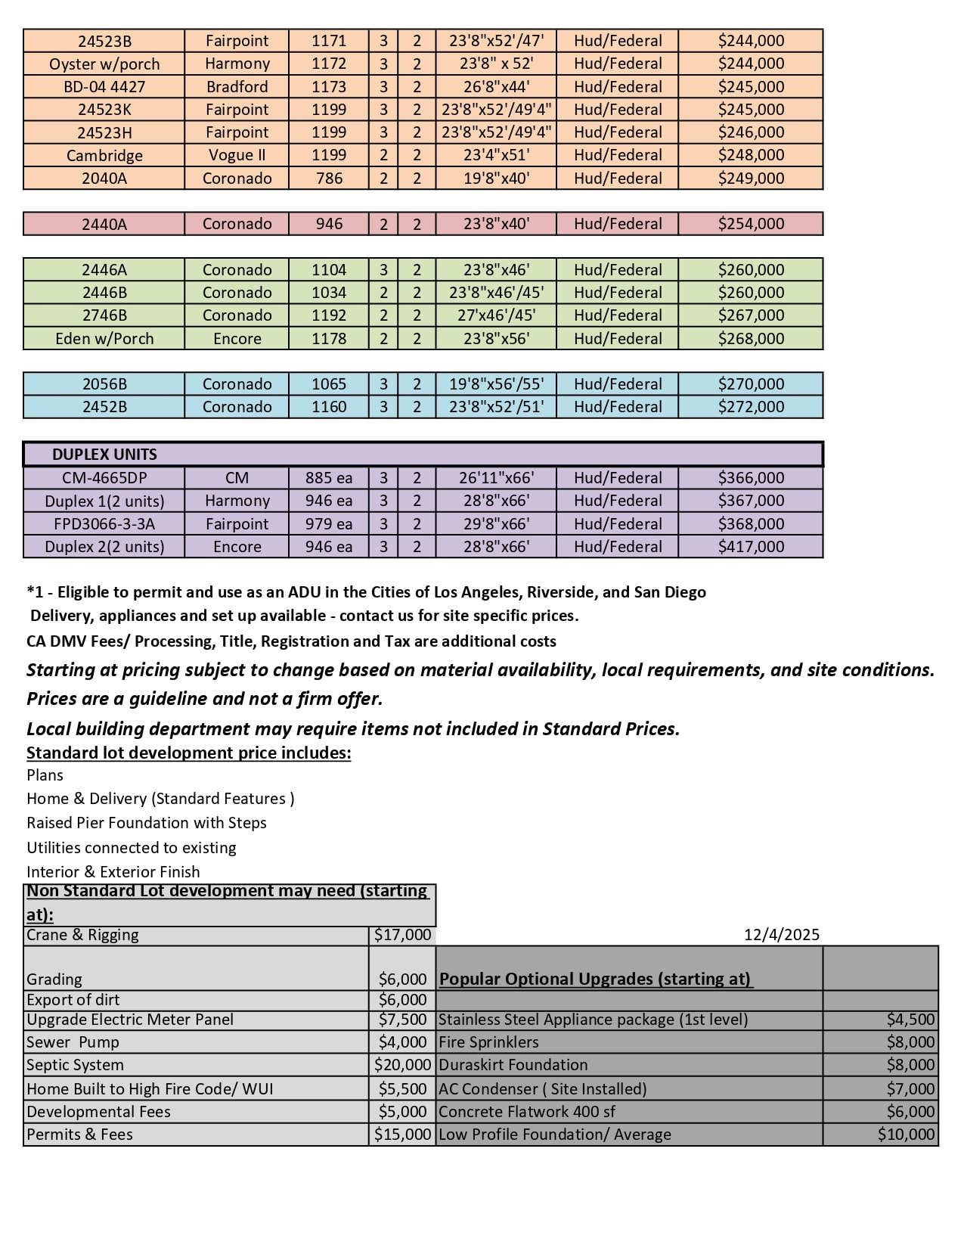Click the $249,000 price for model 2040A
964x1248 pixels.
pos(751,179)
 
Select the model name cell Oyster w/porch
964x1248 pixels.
pos(104,64)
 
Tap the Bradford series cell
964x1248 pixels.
pos(237,87)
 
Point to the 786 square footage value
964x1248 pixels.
pos(329,179)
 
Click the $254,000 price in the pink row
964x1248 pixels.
pos(751,224)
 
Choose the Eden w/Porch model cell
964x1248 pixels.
pos(104,339)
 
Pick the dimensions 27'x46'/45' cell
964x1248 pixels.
pos(496,315)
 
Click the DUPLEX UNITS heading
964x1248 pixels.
pos(104,455)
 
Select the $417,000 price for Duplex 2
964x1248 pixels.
pos(751,547)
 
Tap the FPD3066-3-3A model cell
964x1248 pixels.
pos(104,524)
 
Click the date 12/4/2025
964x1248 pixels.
pos(781,935)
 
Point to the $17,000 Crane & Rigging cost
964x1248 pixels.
pos(402,935)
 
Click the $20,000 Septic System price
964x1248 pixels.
pos(402,1065)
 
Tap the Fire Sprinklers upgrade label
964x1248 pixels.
pos(488,1042)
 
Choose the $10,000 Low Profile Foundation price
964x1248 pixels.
pos(906,1135)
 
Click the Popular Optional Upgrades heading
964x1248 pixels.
pos(595,979)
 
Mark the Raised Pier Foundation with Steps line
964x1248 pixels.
pos(147,823)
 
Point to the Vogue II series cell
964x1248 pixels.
pos(237,155)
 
